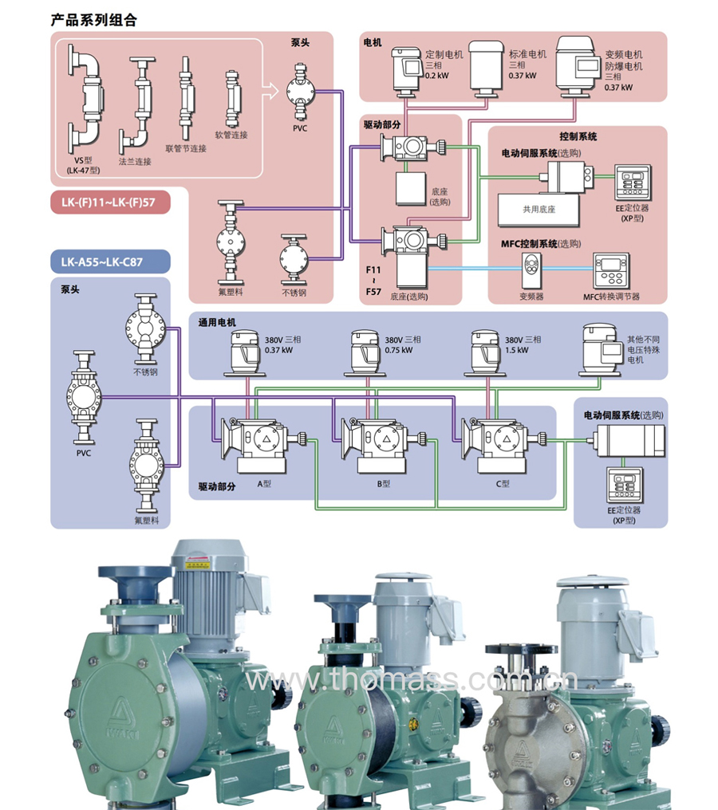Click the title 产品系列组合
(x=93, y=20)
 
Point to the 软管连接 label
(x=231, y=135)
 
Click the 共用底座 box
(x=538, y=209)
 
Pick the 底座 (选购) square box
(x=413, y=187)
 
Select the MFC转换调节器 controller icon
(x=613, y=270)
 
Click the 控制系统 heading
(x=578, y=137)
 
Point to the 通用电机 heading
(x=218, y=322)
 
